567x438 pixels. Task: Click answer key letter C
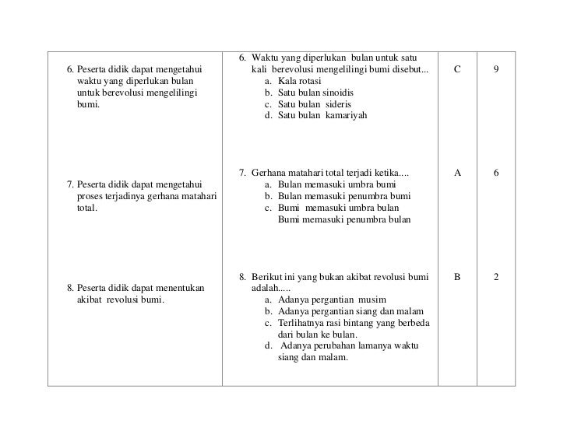[x=457, y=69]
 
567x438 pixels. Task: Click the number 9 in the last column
[x=496, y=69]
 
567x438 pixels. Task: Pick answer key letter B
[x=457, y=276]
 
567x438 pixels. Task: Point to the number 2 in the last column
[x=496, y=276]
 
